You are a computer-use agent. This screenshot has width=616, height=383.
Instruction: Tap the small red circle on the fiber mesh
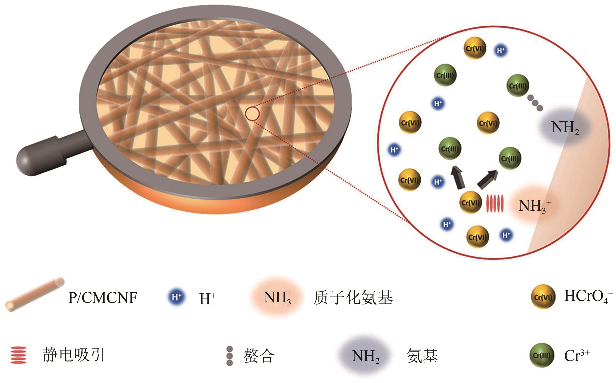tap(252, 114)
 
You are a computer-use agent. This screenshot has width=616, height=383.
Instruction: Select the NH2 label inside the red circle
tap(565, 128)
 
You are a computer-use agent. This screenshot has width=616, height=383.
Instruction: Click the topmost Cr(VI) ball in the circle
tap(475, 48)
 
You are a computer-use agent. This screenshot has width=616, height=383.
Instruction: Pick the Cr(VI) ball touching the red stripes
tap(470, 202)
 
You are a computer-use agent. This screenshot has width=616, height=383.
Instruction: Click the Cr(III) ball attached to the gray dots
tap(518, 86)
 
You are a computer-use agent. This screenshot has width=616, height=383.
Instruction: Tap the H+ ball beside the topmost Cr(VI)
tap(501, 50)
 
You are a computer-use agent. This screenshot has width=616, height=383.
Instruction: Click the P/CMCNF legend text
tap(103, 297)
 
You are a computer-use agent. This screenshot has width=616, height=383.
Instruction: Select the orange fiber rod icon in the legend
tap(35, 294)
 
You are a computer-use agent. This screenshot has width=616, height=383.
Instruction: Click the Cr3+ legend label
tap(577, 355)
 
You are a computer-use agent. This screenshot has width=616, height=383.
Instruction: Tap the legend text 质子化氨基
tap(353, 298)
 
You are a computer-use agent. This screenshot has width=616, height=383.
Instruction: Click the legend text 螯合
tap(259, 356)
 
